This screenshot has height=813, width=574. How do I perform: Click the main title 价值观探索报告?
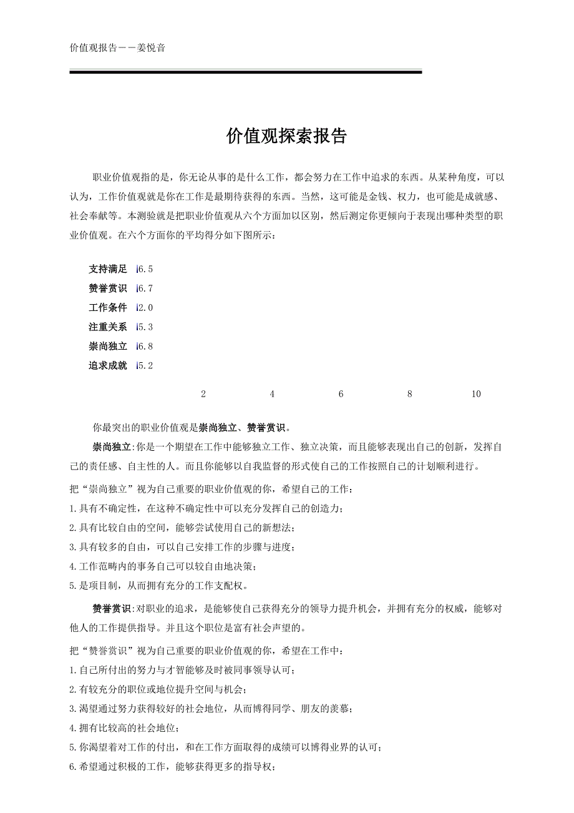coord(286,137)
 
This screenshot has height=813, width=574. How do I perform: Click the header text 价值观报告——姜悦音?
coord(118,47)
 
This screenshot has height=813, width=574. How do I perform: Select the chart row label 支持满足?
coord(108,269)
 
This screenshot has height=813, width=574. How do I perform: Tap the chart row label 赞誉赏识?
coord(108,288)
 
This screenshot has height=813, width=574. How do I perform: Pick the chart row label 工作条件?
coord(108,308)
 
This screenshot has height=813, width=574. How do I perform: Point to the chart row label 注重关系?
coord(108,327)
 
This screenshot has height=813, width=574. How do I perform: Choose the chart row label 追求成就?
coord(108,366)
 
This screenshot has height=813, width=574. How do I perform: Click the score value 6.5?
coord(145,269)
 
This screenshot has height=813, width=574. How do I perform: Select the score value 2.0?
coord(145,308)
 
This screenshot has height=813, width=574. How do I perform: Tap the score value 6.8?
coord(145,347)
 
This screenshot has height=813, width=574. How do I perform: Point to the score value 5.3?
coord(145,327)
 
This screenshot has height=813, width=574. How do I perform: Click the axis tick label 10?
coord(476,394)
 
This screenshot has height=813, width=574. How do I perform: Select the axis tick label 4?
coord(272,394)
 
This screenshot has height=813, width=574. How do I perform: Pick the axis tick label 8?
coord(409,394)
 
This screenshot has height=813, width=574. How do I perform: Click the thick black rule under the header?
coord(246,72)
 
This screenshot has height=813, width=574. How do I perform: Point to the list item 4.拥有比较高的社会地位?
coord(125,728)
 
